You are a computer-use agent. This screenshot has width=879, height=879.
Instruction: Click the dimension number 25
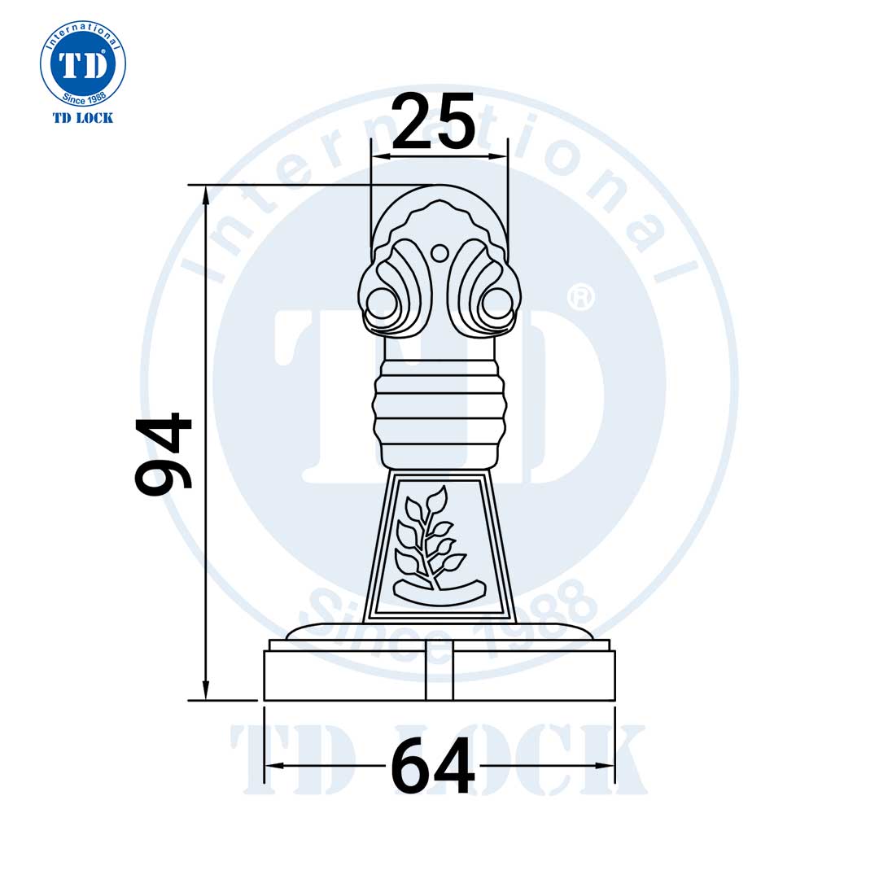[433, 122]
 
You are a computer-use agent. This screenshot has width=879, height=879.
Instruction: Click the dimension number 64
[432, 766]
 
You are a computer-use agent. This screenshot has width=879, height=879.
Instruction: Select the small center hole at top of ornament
[439, 253]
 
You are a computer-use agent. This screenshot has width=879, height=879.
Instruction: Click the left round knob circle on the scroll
[381, 303]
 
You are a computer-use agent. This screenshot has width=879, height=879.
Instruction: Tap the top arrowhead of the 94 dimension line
[206, 194]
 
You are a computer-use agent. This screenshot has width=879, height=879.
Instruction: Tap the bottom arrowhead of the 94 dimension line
[206, 691]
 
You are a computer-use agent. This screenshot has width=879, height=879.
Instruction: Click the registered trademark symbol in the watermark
[579, 297]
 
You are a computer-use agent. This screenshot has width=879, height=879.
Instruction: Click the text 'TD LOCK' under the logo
[83, 118]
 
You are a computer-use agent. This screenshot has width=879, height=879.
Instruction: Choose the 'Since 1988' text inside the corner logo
[83, 98]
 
